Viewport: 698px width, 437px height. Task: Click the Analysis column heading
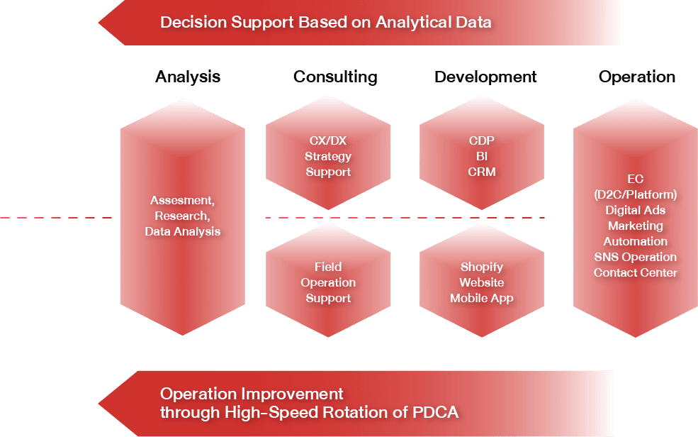point(187,77)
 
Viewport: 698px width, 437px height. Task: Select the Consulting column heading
point(335,77)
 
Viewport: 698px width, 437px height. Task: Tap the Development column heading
point(485,77)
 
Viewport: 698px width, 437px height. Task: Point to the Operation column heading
point(636,77)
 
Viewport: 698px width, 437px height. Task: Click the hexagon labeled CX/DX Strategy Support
point(328,153)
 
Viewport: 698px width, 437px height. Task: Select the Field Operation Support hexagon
point(328,280)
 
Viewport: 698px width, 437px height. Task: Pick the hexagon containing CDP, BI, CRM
point(482,153)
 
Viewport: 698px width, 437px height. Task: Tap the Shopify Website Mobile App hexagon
point(482,280)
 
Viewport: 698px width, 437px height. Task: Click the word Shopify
point(482,267)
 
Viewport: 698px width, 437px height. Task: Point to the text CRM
point(482,172)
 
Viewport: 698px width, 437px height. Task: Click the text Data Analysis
point(183,232)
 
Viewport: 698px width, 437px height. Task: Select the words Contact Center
point(635,272)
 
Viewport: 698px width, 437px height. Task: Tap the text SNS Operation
point(635,257)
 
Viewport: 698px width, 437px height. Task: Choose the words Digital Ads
point(635,210)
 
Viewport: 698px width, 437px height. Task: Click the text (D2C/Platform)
point(635,194)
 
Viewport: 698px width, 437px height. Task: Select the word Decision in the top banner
point(193,22)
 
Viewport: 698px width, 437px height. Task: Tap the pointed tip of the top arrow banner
point(98,23)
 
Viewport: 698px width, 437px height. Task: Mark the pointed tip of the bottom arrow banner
point(98,404)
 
